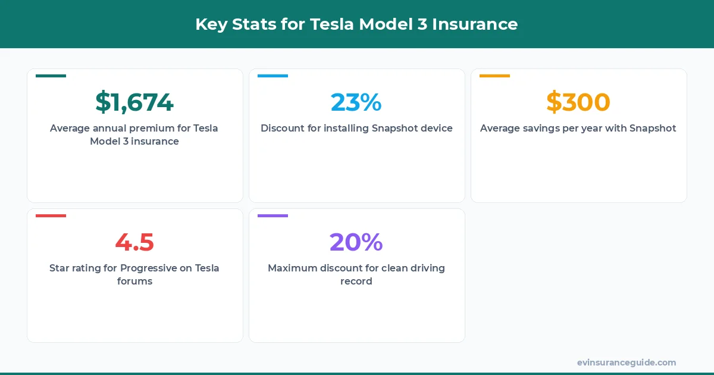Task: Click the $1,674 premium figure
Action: (x=134, y=102)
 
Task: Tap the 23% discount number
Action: (x=356, y=102)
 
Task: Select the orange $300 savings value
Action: (x=578, y=102)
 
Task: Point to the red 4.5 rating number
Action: (x=134, y=242)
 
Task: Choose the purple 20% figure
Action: (x=356, y=242)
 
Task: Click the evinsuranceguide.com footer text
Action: (x=626, y=362)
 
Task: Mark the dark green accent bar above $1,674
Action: (x=51, y=76)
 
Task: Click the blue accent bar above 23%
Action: (x=273, y=76)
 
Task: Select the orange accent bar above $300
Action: (x=494, y=76)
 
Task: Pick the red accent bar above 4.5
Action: (x=51, y=215)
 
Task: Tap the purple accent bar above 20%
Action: (x=273, y=215)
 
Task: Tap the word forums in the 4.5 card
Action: (x=134, y=281)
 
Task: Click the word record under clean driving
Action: (x=356, y=281)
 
